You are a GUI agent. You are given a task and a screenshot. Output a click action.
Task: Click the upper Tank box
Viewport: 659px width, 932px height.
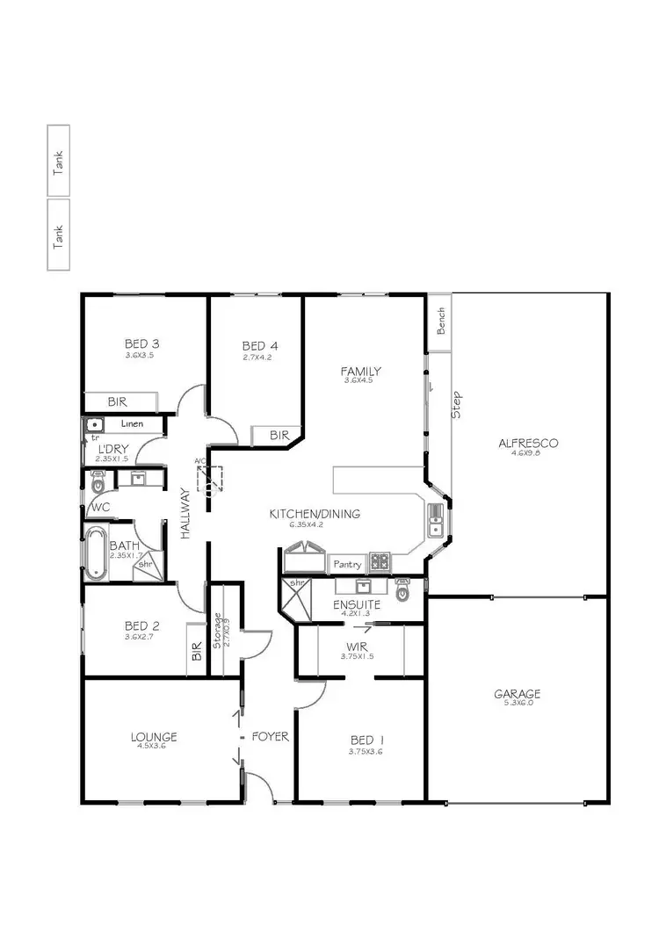59,161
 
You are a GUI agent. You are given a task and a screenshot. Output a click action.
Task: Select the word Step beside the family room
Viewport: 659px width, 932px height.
456,404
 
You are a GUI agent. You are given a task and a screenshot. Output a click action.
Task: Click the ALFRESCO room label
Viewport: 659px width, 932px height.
528,443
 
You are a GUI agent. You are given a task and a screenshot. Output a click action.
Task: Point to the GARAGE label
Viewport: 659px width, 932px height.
517,694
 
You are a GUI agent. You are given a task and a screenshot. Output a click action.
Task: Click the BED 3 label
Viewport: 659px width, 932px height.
141,343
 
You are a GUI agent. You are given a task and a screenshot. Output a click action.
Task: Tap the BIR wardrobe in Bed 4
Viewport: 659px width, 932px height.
279,435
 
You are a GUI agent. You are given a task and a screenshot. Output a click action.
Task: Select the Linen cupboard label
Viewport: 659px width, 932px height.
132,424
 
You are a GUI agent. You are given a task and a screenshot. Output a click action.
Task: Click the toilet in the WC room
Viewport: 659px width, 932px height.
97,480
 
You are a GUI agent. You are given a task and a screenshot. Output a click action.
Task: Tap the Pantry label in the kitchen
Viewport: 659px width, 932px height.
347,564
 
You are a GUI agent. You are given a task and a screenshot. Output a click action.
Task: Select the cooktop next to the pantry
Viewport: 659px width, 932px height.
379,561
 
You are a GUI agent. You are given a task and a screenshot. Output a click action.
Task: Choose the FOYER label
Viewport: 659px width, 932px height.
270,737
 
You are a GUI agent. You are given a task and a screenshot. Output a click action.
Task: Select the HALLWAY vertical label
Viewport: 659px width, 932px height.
185,514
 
